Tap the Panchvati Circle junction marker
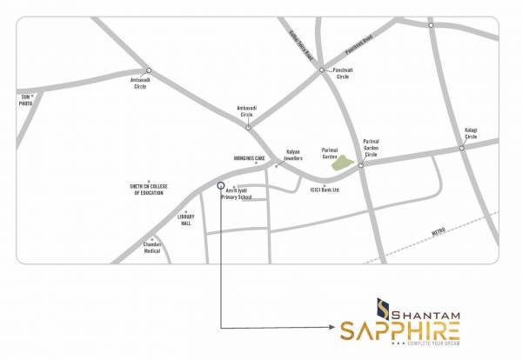coord(321,70)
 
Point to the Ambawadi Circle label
coord(140,84)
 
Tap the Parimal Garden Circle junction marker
coord(360,164)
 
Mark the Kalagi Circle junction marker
coord(462,148)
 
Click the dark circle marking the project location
coord(220,184)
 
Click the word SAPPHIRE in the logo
coord(399,330)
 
